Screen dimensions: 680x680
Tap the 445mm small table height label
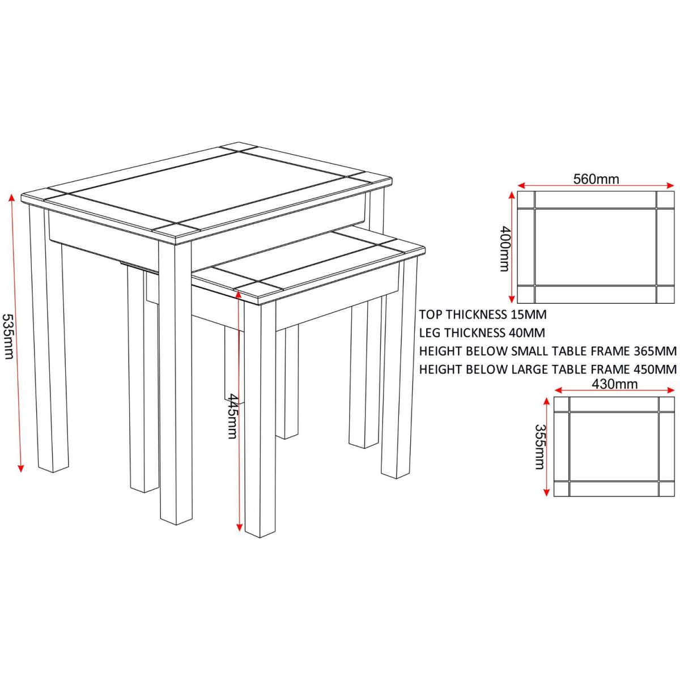coord(232,416)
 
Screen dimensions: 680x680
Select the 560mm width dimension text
coord(596,179)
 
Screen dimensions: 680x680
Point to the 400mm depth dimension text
coord(505,248)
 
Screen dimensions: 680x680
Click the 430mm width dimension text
coord(614,384)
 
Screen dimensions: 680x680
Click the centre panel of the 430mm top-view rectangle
coord(614,447)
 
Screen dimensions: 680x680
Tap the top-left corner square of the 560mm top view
coord(526,199)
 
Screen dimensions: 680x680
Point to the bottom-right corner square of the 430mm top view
coord(666,488)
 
